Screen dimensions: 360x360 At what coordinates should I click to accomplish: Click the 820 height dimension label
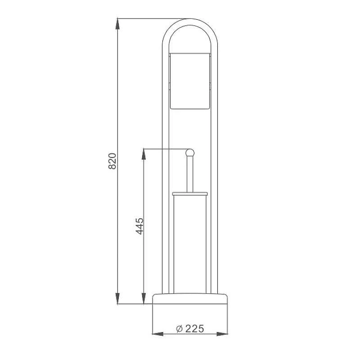(x=112, y=161)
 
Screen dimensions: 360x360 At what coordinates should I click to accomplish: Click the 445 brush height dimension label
(x=139, y=226)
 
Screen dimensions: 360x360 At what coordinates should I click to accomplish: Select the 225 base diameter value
(x=194, y=328)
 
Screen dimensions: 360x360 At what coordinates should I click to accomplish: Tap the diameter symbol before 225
(x=179, y=329)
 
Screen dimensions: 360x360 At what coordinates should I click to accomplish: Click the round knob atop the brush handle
(x=190, y=153)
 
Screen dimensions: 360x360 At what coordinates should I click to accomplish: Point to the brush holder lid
(x=190, y=194)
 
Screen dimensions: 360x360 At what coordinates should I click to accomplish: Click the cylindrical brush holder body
(x=190, y=244)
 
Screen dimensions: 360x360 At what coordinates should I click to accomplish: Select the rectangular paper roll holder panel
(x=190, y=81)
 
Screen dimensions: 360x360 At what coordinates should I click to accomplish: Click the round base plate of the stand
(x=190, y=298)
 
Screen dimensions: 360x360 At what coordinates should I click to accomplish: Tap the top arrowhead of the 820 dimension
(x=117, y=24)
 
